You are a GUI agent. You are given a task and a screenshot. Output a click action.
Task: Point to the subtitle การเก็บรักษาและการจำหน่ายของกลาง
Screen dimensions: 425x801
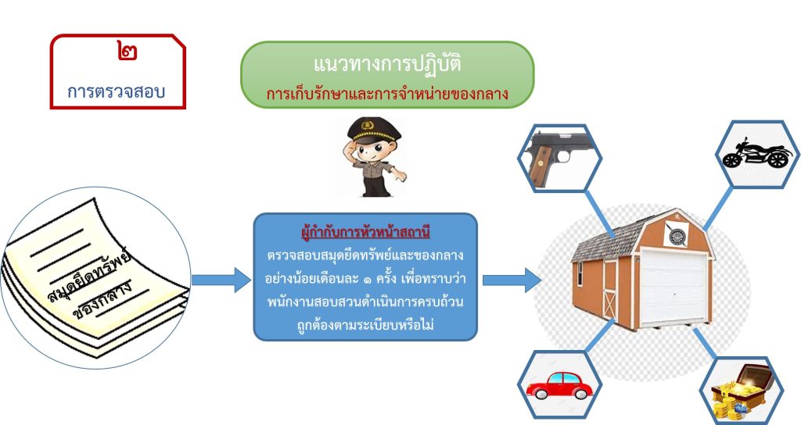(x=387, y=94)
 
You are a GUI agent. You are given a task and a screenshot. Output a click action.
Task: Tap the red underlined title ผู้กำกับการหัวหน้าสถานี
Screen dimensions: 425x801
(x=365, y=233)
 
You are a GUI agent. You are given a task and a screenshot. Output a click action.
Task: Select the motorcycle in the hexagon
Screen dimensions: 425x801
(x=754, y=154)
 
